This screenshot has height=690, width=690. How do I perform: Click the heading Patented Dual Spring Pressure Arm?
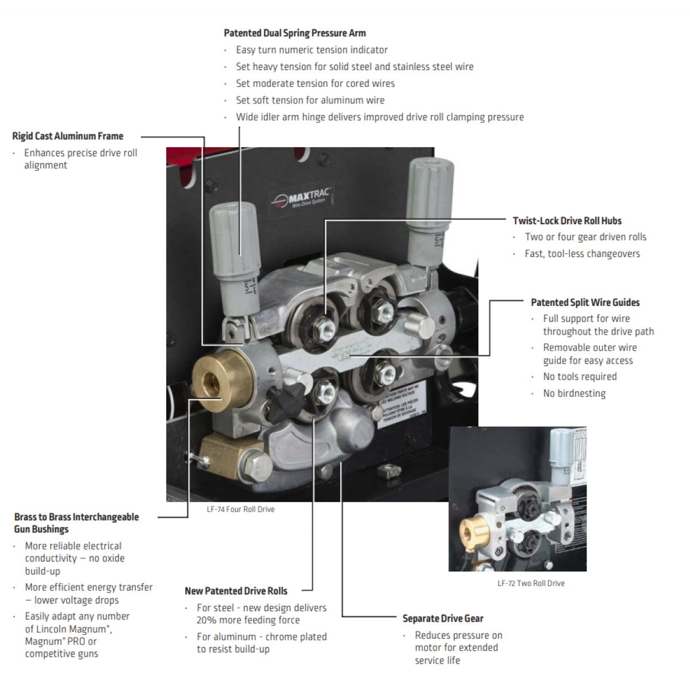pos(294,33)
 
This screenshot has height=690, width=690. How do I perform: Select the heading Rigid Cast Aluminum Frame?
pos(68,136)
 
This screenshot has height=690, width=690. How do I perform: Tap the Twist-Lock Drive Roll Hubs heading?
pos(567,221)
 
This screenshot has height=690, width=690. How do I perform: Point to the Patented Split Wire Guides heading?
pos(585,302)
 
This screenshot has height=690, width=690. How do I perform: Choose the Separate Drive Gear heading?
pos(443,619)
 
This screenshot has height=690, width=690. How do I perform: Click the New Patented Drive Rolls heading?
pos(236,591)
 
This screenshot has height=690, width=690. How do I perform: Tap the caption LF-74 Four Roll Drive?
pos(240,509)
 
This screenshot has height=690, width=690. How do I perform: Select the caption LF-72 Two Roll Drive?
pos(531,583)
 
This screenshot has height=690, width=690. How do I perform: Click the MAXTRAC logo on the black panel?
pos(302,197)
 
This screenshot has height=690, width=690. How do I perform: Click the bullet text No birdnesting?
pos(574,394)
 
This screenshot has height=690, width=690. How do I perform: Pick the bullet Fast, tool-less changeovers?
pos(582,254)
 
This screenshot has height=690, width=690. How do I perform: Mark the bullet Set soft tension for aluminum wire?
pos(310,100)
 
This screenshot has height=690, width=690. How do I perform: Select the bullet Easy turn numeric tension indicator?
pos(312,50)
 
